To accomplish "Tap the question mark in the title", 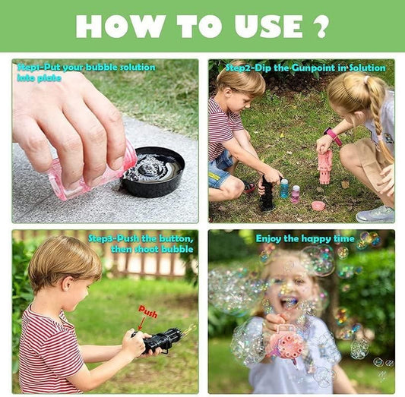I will pyautogui.click(x=320, y=27).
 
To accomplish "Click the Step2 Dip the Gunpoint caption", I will pyautogui.click(x=306, y=68).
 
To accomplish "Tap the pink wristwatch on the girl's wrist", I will pyautogui.click(x=331, y=136).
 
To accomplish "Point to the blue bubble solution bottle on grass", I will pyautogui.click(x=284, y=188).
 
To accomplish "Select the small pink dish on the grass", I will pyautogui.click(x=318, y=205).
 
